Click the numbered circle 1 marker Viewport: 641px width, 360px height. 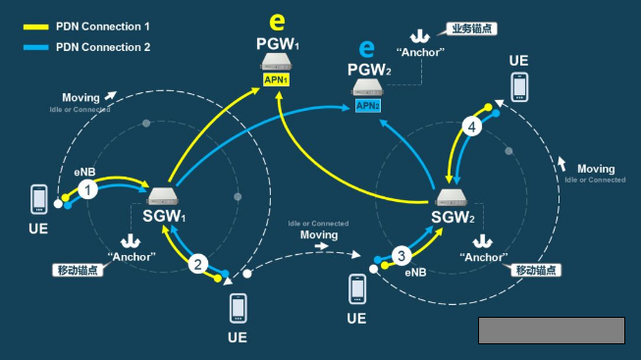pyautogui.click(x=89, y=189)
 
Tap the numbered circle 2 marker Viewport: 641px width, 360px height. pyautogui.click(x=198, y=263)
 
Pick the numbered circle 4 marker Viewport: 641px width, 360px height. pyautogui.click(x=473, y=127)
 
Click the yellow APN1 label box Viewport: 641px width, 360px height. pyautogui.click(x=275, y=79)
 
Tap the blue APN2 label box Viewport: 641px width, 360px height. pyautogui.click(x=368, y=106)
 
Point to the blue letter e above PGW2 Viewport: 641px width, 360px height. pyautogui.click(x=367, y=47)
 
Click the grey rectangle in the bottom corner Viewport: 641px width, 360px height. pyautogui.click(x=551, y=331)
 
